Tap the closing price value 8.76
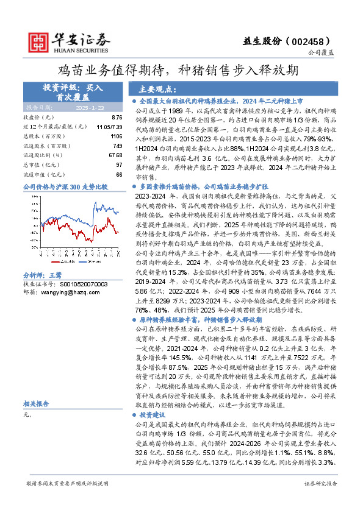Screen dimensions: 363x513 [x=117, y=117]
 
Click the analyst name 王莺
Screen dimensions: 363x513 [x=56, y=275]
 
